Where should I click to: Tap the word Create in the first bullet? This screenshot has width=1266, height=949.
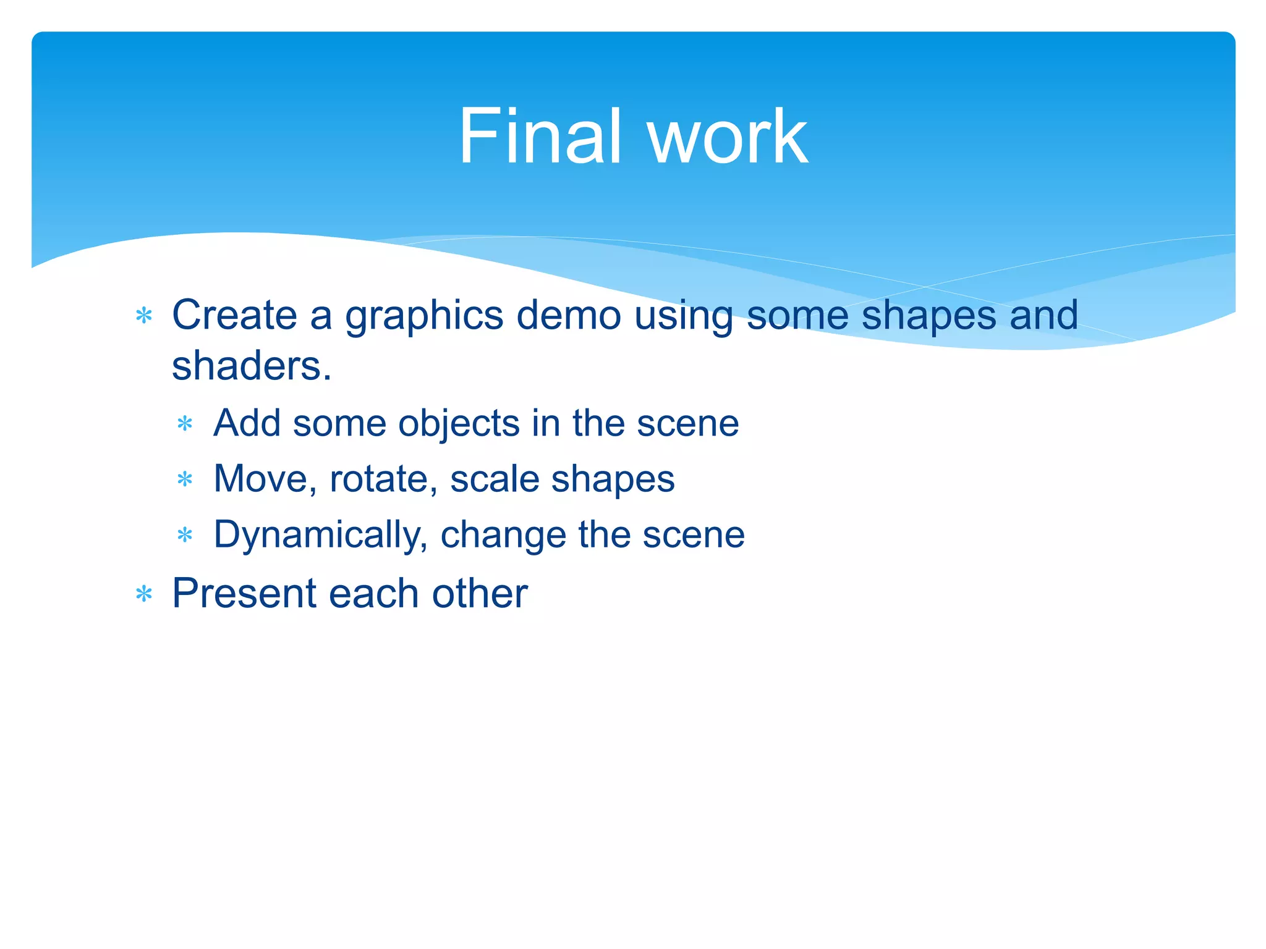point(234,315)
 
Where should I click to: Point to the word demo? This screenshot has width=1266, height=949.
point(569,315)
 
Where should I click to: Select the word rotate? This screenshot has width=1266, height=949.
point(384,479)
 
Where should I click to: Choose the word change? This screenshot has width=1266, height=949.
point(503,535)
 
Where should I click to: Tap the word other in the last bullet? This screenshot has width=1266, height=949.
point(480,593)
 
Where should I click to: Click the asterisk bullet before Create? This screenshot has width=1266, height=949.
point(144,316)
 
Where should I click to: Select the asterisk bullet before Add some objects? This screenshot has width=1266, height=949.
point(185,424)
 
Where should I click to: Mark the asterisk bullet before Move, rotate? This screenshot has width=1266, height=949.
point(185,479)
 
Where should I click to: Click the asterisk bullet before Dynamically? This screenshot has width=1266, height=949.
point(185,535)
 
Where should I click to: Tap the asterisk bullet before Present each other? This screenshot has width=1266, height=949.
point(144,594)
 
